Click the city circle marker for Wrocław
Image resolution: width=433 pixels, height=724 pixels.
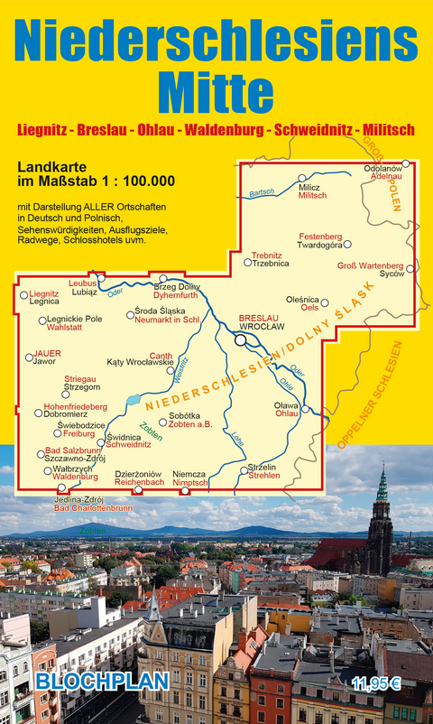[241, 340]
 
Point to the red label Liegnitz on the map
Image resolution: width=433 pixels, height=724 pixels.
[44, 293]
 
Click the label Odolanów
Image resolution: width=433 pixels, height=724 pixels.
[382, 169]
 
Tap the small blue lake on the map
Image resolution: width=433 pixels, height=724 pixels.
[133, 398]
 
